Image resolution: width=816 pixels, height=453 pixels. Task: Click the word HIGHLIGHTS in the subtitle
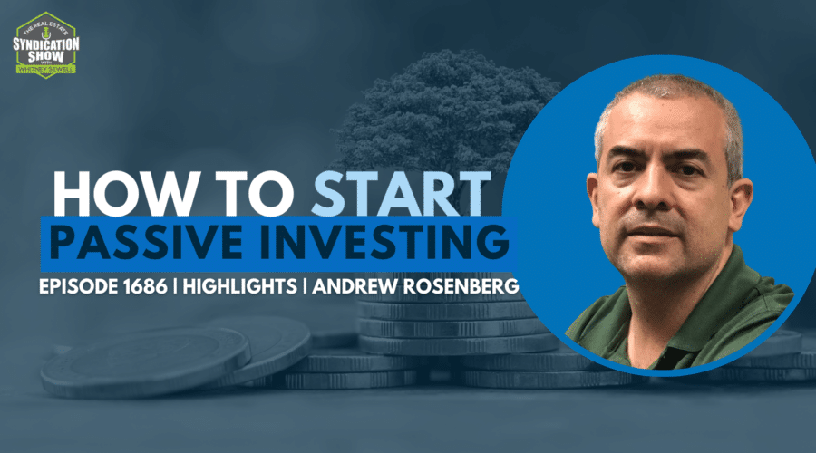click(240, 286)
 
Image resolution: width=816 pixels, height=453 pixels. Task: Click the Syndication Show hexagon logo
click(46, 45)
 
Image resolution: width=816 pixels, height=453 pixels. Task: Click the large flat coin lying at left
click(145, 361)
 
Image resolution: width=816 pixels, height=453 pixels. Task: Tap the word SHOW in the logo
click(46, 57)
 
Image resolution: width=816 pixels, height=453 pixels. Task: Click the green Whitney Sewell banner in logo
click(46, 69)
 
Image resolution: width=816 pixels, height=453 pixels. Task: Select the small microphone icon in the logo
click(46, 33)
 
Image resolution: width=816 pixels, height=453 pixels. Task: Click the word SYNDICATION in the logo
click(46, 44)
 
